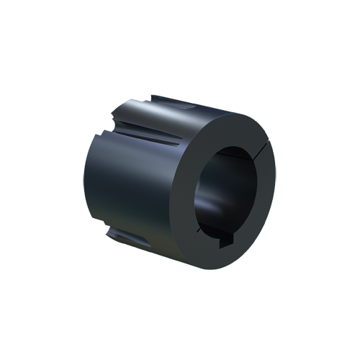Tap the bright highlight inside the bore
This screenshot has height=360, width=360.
pos(216,209)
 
